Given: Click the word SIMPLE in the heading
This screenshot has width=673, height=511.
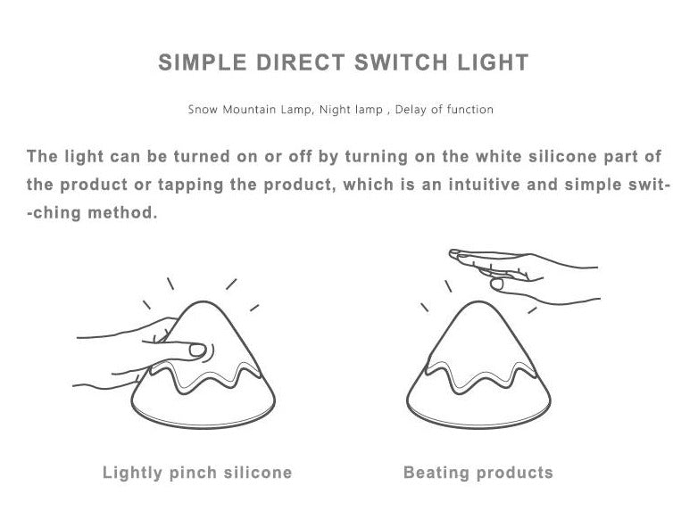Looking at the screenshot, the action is pyautogui.click(x=203, y=62).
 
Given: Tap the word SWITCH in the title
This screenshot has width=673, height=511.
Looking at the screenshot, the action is pyautogui.click(x=402, y=62).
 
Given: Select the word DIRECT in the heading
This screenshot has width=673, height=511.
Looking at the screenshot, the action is pyautogui.click(x=301, y=62).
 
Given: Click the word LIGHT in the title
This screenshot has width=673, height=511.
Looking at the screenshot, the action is pyautogui.click(x=493, y=62).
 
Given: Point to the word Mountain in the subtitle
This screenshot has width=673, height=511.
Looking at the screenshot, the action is pyautogui.click(x=249, y=110).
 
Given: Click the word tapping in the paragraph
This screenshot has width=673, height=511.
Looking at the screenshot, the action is pyautogui.click(x=191, y=185).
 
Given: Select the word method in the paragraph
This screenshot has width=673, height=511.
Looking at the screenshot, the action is pyautogui.click(x=122, y=212).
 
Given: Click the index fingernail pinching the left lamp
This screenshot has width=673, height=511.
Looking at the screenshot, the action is pyautogui.click(x=197, y=350).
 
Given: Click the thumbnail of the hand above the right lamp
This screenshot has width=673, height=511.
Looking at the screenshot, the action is pyautogui.click(x=496, y=284).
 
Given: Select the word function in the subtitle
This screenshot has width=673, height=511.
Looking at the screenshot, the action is pyautogui.click(x=470, y=110).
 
